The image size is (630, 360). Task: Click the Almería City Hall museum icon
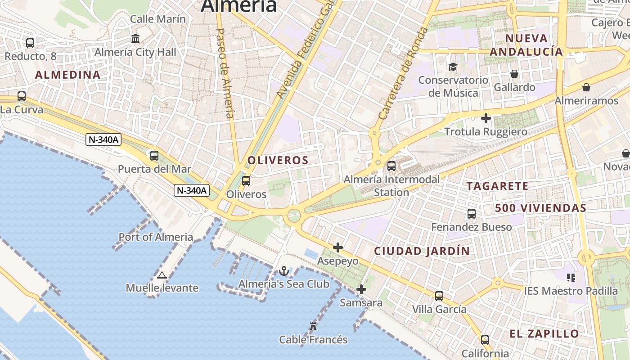click(135, 39)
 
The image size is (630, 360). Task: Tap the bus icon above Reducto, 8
click(30, 43)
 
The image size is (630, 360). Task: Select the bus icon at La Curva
click(22, 96)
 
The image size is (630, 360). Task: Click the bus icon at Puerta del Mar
click(154, 156)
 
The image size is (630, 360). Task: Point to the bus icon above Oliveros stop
click(246, 181)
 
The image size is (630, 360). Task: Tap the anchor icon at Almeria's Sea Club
click(283, 271)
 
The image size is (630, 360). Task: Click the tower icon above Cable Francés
click(313, 326)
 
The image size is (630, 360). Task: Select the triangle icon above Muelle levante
click(162, 275)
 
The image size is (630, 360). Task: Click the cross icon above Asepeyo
click(338, 247)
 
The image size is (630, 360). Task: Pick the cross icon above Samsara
click(361, 289)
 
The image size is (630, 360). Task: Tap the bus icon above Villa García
click(439, 296)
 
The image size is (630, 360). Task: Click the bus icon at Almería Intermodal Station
click(391, 166)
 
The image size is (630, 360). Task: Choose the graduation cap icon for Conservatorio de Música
click(453, 67)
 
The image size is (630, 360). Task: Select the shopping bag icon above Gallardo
click(514, 74)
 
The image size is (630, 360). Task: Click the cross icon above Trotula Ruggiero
click(486, 118)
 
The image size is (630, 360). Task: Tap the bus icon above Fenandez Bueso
click(472, 214)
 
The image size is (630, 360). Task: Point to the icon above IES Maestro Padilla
click(571, 278)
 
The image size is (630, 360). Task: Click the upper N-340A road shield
click(103, 139)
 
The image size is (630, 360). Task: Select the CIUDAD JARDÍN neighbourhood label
click(422, 251)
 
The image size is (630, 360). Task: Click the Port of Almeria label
click(156, 237)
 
